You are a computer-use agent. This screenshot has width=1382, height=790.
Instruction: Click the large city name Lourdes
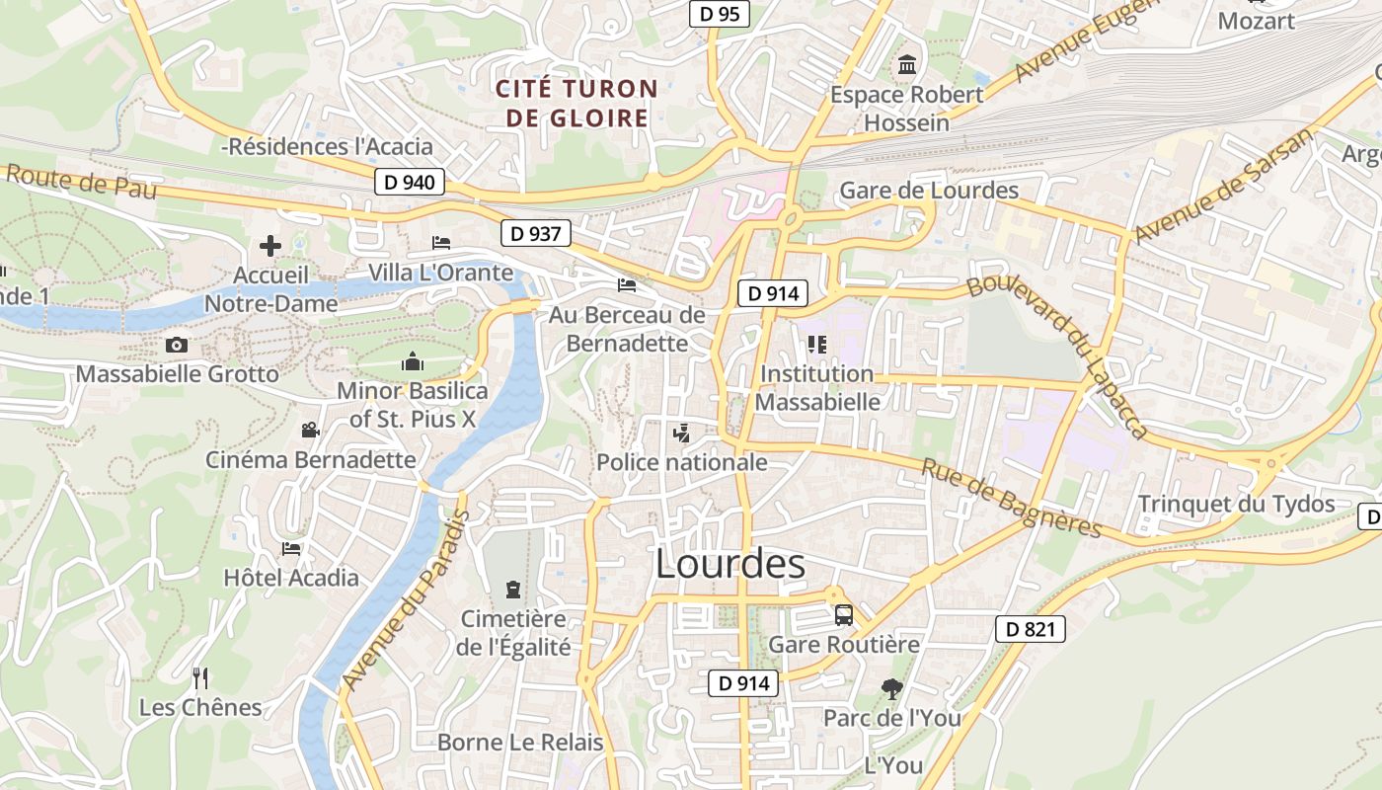[x=730, y=564]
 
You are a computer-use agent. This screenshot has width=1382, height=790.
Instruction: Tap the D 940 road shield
[x=410, y=182]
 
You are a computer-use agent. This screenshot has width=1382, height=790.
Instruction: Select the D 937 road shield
[x=536, y=234]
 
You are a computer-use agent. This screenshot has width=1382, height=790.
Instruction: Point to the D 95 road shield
[x=719, y=14]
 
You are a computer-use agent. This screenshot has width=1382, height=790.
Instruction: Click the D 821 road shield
[x=1031, y=629]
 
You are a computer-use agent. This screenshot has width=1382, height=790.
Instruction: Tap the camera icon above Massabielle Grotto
[x=177, y=345]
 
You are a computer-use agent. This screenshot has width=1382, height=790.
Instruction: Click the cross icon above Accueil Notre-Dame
[x=270, y=246]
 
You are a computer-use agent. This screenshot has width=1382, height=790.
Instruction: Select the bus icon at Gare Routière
[x=844, y=615]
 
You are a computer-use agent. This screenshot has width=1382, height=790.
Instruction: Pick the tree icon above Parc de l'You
[x=891, y=689]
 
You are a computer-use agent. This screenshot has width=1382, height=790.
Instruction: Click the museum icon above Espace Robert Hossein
[x=906, y=66]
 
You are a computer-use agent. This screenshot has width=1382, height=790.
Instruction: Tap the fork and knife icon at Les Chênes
[x=200, y=677]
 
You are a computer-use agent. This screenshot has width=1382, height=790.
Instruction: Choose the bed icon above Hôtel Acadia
[x=291, y=548]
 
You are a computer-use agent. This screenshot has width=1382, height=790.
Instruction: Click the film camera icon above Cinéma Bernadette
[x=310, y=431]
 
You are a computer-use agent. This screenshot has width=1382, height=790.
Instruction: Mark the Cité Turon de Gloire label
[x=576, y=104]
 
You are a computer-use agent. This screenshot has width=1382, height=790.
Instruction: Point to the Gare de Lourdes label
[x=929, y=191]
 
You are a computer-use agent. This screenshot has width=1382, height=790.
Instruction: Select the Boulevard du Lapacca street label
[x=1058, y=353]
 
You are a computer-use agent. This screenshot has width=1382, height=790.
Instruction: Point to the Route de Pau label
[x=82, y=183]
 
